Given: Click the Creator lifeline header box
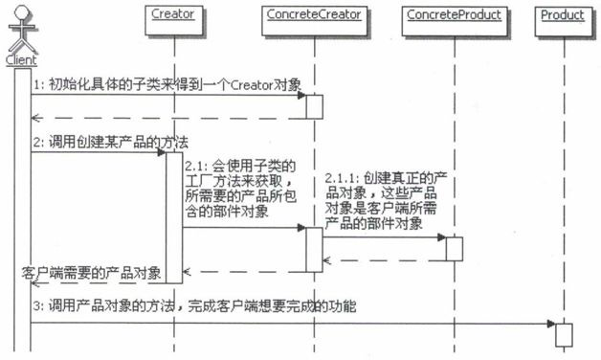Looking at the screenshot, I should click(x=172, y=16).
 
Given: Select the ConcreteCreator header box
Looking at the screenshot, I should click(x=313, y=16).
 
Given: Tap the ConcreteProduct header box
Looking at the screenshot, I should click(x=453, y=16).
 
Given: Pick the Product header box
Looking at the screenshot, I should click(x=562, y=16).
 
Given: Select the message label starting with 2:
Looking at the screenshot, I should click(x=91, y=142).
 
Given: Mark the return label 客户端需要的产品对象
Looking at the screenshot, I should click(x=91, y=273).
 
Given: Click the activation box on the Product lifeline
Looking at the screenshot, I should click(x=563, y=334).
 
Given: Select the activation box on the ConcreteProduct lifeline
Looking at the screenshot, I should click(x=455, y=248).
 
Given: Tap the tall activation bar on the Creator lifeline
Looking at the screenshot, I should click(x=174, y=216).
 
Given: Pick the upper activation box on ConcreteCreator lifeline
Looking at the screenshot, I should click(x=314, y=105).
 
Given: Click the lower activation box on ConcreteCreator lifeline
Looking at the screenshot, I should click(x=314, y=249).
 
